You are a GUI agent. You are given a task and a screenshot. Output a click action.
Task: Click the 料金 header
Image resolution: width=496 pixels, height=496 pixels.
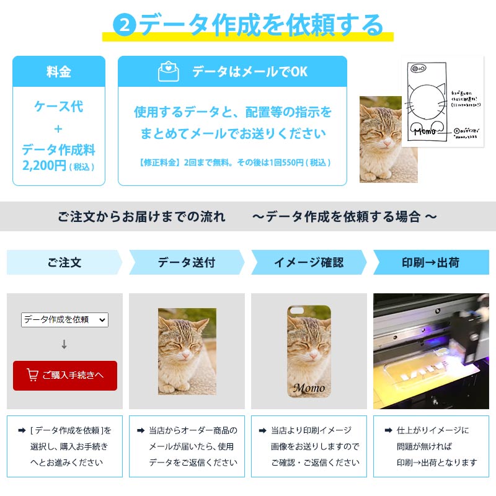click(59, 71)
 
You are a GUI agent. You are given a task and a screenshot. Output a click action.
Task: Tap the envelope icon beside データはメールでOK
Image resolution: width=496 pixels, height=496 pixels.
click(168, 71)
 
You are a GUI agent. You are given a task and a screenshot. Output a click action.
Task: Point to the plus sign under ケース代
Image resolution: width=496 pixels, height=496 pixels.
click(58, 129)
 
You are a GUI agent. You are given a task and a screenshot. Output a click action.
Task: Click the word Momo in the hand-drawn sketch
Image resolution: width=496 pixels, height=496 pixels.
click(425, 131)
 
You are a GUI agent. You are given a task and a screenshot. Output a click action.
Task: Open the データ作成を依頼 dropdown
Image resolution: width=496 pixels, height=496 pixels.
click(64, 320)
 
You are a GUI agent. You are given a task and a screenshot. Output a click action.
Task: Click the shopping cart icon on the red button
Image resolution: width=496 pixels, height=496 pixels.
click(32, 375)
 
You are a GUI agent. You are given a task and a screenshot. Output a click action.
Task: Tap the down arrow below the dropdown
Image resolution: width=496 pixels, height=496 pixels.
click(64, 345)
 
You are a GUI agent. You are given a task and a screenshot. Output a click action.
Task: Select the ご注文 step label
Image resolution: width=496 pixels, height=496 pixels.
click(64, 262)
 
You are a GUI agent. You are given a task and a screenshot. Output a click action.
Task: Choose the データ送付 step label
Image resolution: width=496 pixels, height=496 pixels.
click(186, 262)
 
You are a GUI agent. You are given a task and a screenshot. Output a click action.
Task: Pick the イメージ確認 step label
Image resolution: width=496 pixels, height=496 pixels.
click(308, 262)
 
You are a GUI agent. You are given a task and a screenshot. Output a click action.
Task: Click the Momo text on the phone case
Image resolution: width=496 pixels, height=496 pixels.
click(308, 388)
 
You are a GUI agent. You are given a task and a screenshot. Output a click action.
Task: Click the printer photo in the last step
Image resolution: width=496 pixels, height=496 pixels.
click(431, 351)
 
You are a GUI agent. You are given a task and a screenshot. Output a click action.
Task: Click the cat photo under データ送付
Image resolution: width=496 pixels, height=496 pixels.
click(187, 351)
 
